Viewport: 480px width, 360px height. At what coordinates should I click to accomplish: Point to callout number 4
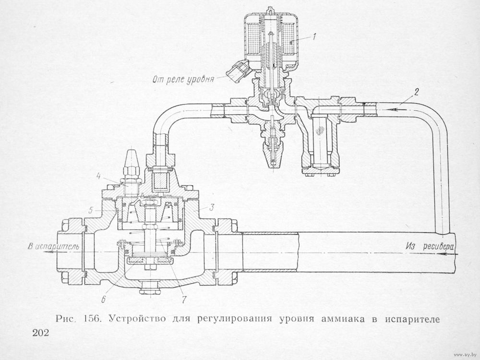(98, 176)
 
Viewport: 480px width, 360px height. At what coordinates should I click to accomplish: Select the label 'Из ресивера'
(429, 246)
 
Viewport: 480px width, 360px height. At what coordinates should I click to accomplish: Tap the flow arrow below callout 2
(396, 110)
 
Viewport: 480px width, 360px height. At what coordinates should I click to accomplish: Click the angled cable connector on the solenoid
(238, 71)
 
